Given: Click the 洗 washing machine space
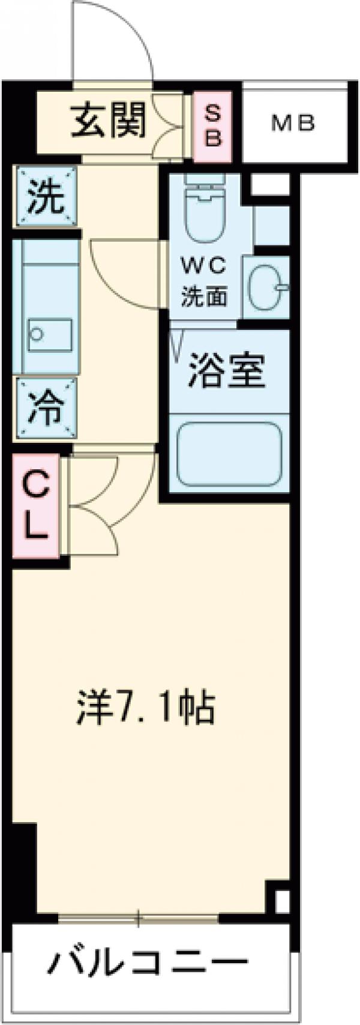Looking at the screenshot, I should point(47,197).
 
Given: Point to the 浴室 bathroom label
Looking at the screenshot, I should point(226,373).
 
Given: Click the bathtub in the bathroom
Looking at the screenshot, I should point(230,454).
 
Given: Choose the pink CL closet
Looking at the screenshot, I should point(35,505).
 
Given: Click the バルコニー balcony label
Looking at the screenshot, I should point(148,965).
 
